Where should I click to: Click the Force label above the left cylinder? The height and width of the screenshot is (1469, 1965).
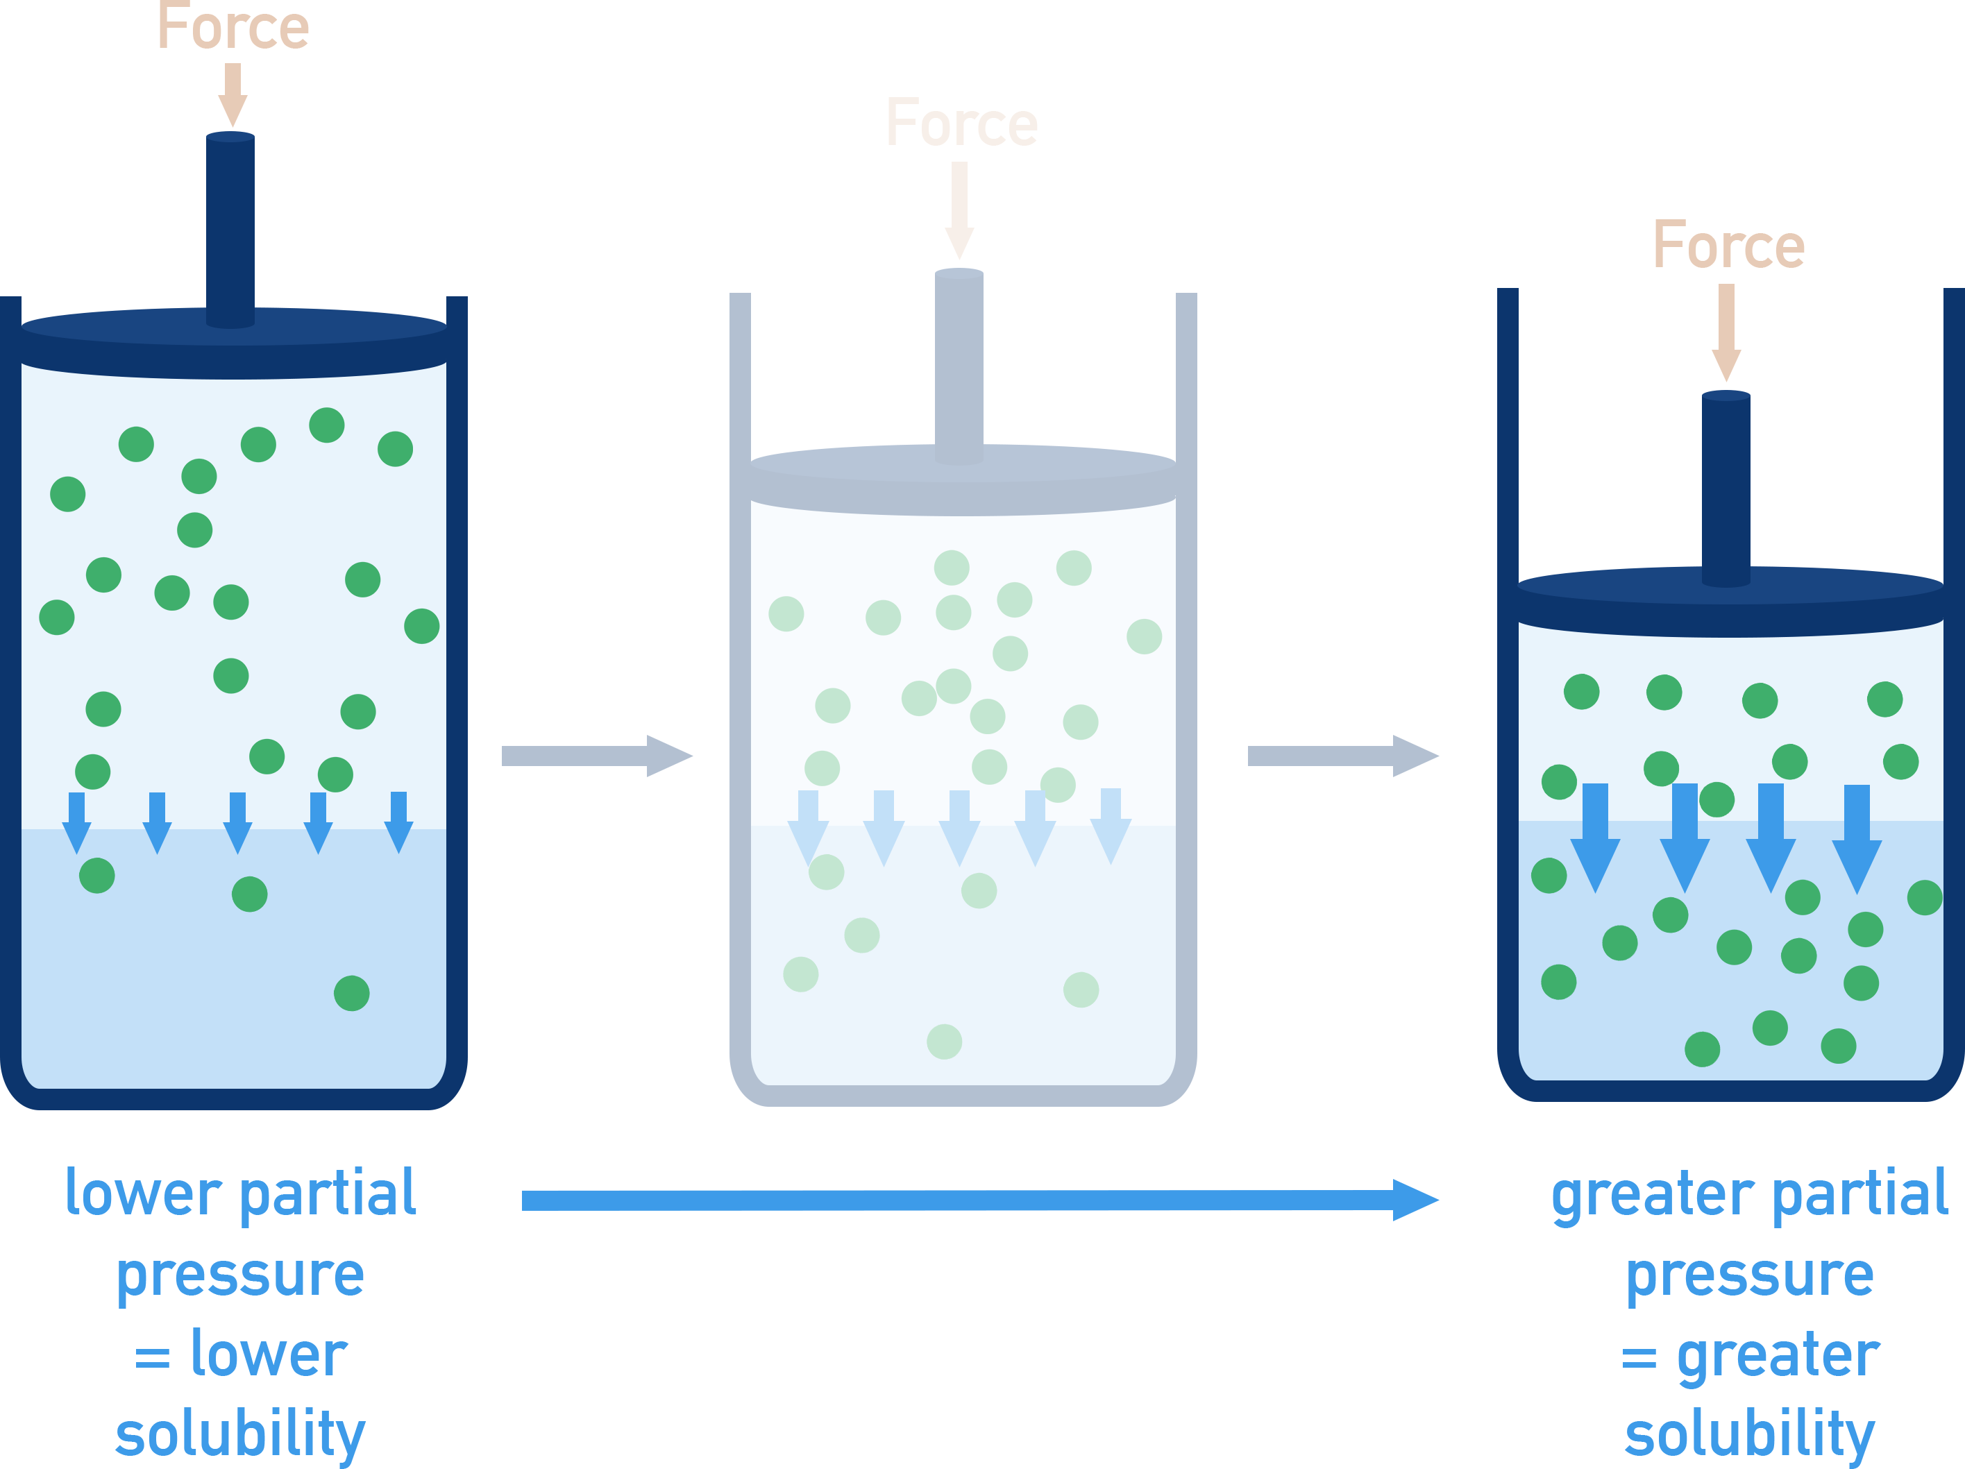click(x=233, y=26)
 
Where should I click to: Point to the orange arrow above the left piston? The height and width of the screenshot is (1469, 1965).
click(x=233, y=93)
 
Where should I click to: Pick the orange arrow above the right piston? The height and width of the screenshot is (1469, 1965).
click(x=1726, y=331)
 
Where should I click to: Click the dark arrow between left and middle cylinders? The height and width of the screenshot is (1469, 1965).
click(x=595, y=756)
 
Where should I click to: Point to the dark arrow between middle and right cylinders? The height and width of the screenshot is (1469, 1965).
click(x=1342, y=756)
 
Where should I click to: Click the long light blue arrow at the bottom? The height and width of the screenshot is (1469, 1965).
click(x=977, y=1200)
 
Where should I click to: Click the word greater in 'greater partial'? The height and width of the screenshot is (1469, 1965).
click(x=1652, y=1195)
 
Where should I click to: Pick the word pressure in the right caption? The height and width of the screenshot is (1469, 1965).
click(x=1749, y=1275)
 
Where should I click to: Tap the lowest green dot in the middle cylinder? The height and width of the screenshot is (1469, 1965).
click(x=944, y=1042)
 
